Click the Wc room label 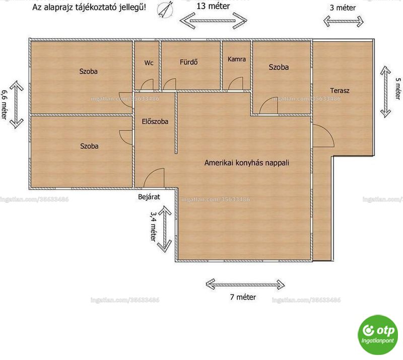click(149, 63)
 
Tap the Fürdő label click(188, 62)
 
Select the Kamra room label click(236, 59)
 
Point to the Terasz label click(340, 91)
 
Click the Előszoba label click(155, 121)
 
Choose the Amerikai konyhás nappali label click(247, 163)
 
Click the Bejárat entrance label click(149, 197)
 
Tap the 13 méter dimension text click(213, 6)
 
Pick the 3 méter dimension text click(343, 8)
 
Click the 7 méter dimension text click(243, 297)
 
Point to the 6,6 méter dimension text click(4, 104)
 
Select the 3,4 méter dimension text click(154, 227)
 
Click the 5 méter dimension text click(397, 89)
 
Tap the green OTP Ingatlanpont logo click(377, 335)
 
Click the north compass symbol click(165, 10)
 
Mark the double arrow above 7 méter click(245, 284)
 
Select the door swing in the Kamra click(236, 84)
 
